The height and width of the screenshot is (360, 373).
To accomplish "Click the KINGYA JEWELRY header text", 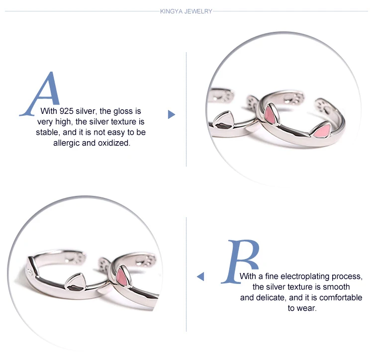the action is [x=186, y=11].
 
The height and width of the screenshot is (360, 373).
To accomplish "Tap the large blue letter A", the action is [x=40, y=94].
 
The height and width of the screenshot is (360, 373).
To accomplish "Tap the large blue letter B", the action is [x=241, y=262].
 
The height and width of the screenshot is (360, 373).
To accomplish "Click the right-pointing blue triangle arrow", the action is [x=171, y=114].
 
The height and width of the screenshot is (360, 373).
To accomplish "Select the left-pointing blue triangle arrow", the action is [x=200, y=276].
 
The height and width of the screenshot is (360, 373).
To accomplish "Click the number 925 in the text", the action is [x=67, y=111].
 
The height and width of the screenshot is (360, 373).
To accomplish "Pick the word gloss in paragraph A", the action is [x=123, y=111].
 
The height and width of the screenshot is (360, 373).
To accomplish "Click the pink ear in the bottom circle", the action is [x=122, y=277].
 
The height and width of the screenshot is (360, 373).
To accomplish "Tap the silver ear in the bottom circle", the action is [x=75, y=282].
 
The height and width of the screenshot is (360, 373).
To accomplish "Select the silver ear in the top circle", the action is [x=223, y=120].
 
